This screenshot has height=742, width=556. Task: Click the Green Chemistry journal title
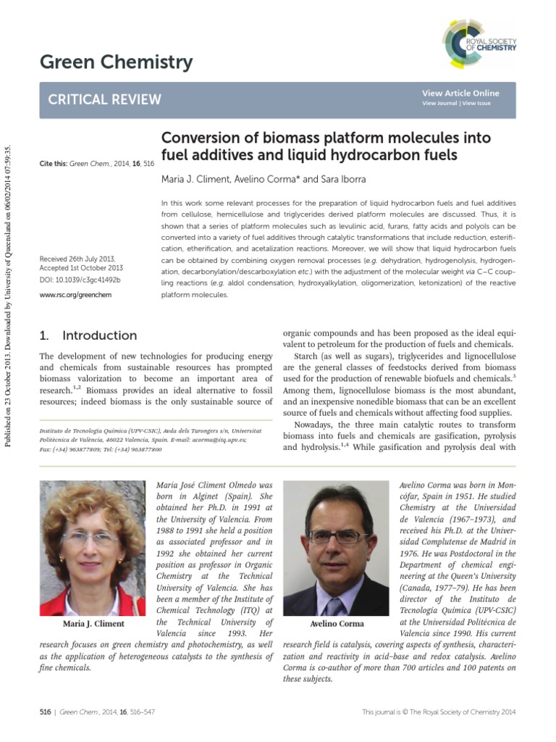click(x=116, y=63)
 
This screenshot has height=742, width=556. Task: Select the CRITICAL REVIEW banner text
click(x=104, y=100)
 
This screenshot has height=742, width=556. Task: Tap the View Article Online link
click(x=460, y=93)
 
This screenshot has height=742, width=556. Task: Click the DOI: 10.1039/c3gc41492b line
click(x=80, y=280)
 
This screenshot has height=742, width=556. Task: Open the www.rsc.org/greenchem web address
click(x=75, y=296)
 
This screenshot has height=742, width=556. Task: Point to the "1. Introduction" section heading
click(x=88, y=335)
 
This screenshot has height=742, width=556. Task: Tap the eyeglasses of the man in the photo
click(x=338, y=537)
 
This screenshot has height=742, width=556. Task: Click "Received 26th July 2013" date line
click(x=77, y=259)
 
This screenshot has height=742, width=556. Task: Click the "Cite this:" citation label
click(x=53, y=164)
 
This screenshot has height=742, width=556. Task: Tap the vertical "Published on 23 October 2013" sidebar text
click(x=9, y=290)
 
